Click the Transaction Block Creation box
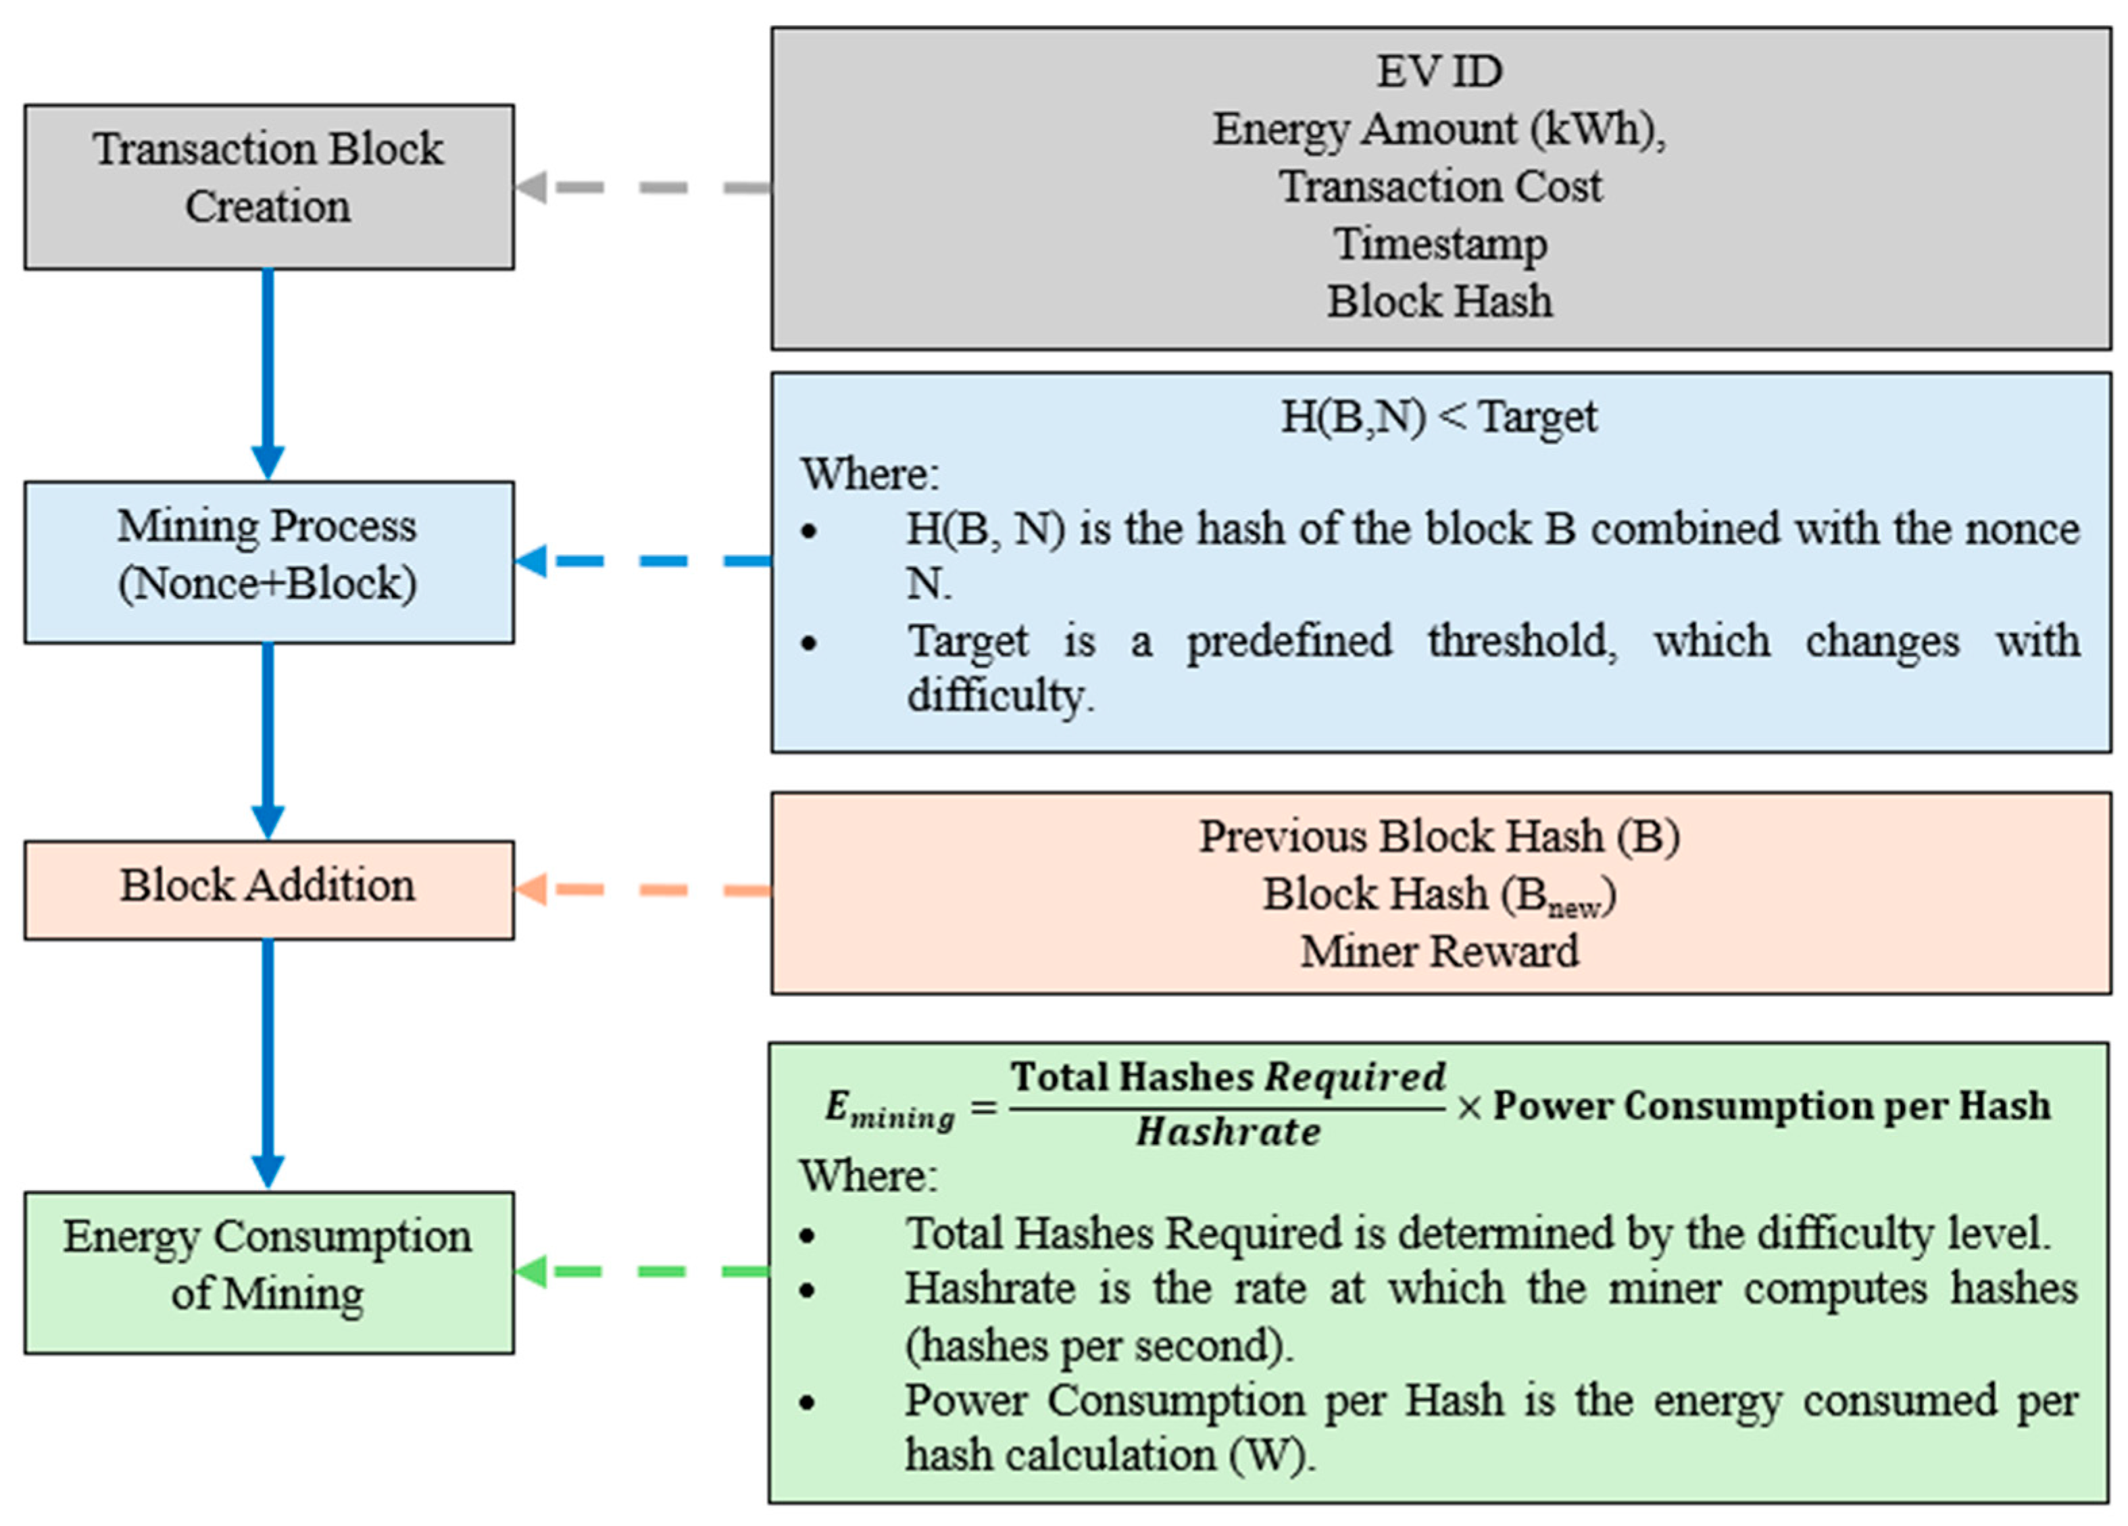coord(268,187)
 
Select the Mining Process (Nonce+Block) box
coord(268,562)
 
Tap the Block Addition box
coord(268,889)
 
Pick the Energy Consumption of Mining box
coord(268,1272)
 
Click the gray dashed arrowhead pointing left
coord(531,187)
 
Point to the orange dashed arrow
coord(643,889)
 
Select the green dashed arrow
coord(643,1272)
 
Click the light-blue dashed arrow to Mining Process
coord(643,561)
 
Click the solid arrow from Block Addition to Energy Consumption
coord(268,1060)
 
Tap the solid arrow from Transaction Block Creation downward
coord(268,371)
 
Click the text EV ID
coord(1438,72)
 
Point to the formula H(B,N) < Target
coord(1438,418)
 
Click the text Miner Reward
coord(1438,952)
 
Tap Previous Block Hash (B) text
coord(1438,836)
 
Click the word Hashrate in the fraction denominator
coord(1228,1133)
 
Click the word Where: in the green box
coord(868,1176)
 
